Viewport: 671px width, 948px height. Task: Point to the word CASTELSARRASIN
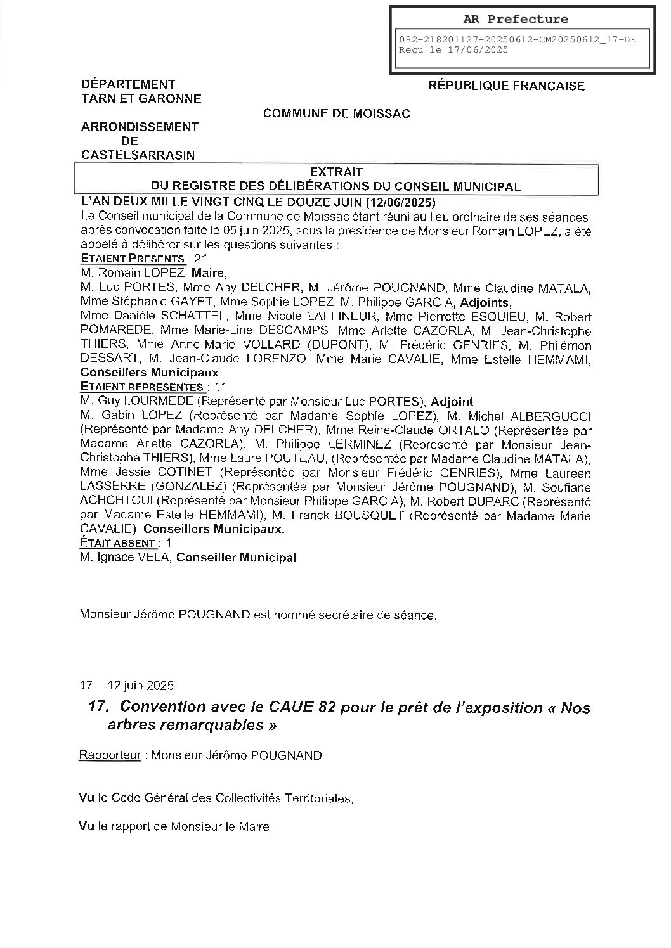[138, 155]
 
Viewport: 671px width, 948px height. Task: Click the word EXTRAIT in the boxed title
[336, 172]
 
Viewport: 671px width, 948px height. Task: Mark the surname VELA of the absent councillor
[156, 558]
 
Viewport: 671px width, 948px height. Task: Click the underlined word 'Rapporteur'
[109, 755]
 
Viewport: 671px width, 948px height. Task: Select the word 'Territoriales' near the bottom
[316, 798]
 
